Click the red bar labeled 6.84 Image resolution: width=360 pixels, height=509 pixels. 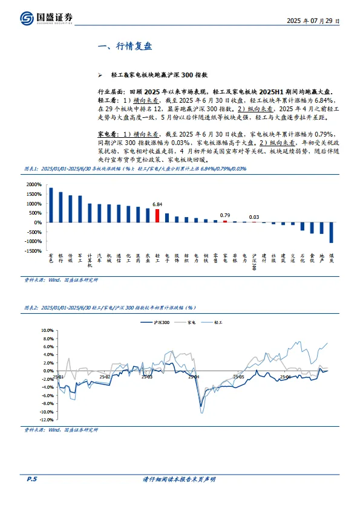[x=157, y=216]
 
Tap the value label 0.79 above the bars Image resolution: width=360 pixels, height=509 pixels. [x=225, y=215]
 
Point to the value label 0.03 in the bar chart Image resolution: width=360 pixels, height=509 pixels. [x=254, y=217]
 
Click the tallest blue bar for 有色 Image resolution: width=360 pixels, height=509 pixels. [x=51, y=205]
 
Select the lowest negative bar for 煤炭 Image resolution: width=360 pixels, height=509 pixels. [x=331, y=233]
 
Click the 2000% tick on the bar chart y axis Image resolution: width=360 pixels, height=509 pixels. [x=33, y=185]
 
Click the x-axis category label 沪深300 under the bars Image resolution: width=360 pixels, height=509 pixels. [x=254, y=262]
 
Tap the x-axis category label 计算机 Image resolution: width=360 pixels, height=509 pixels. [x=90, y=261]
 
